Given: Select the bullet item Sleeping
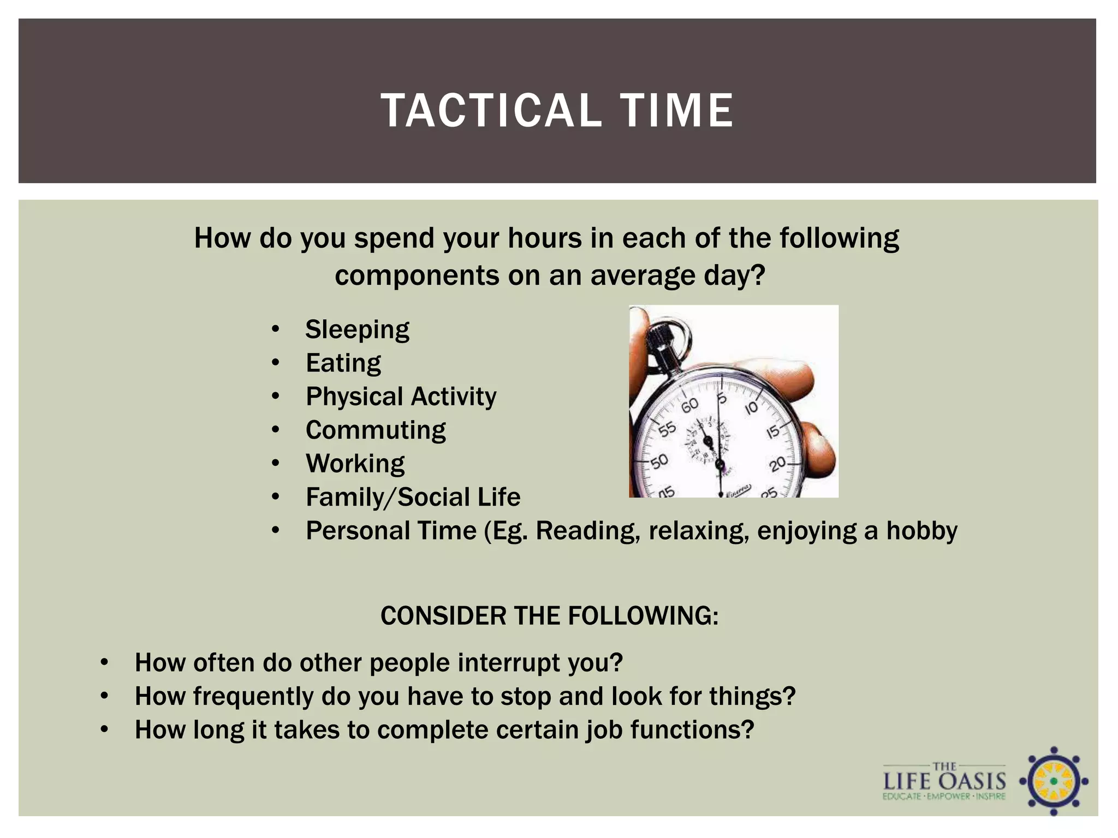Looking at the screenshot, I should coord(357,330).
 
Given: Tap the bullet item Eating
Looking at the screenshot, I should coord(343,363).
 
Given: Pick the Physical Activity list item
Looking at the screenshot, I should coord(401,397).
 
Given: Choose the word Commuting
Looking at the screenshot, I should coord(376,430).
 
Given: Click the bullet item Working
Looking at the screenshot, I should coord(355,464).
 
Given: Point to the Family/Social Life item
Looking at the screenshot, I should coord(413,498).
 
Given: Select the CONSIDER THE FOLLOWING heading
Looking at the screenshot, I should coord(549,616).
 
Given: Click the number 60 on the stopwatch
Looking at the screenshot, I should coord(689,405).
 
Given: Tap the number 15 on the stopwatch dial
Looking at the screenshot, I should coord(773,432).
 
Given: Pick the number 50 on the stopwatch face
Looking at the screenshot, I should coord(659,462).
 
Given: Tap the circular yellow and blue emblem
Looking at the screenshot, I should coord(1054,781).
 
